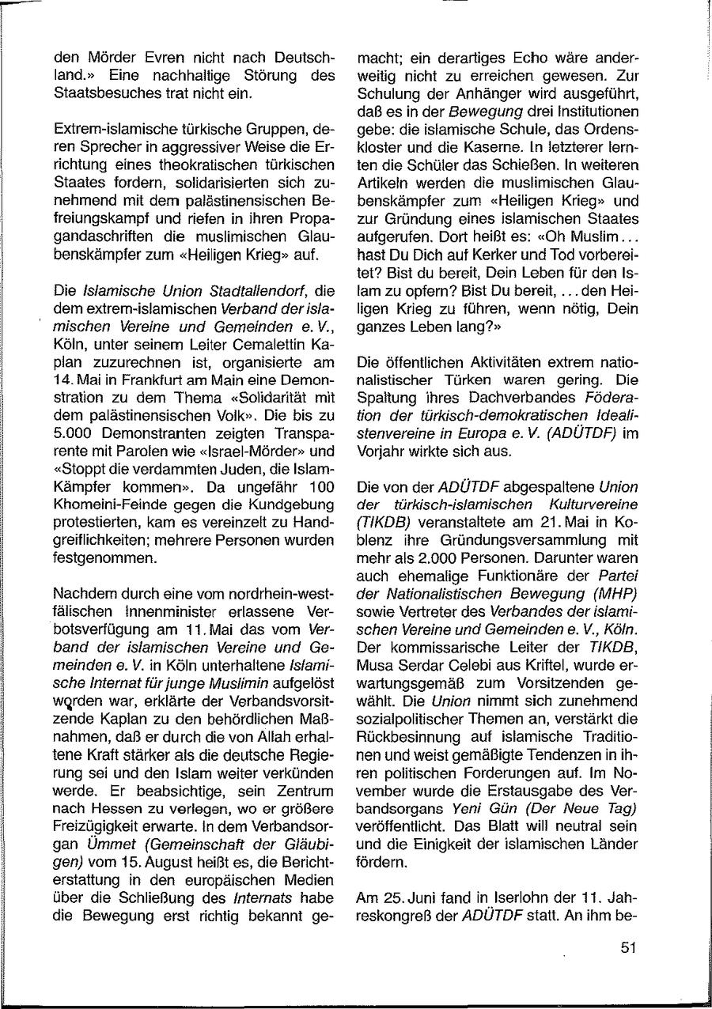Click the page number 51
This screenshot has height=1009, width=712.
coord(629,948)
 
